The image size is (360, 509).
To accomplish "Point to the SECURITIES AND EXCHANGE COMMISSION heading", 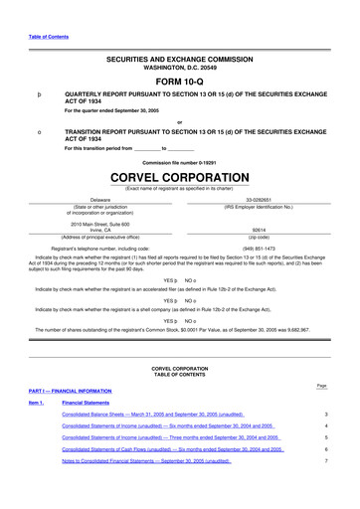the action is pos(179,60).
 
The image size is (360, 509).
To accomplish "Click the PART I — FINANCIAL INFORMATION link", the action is pos(69,391).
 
